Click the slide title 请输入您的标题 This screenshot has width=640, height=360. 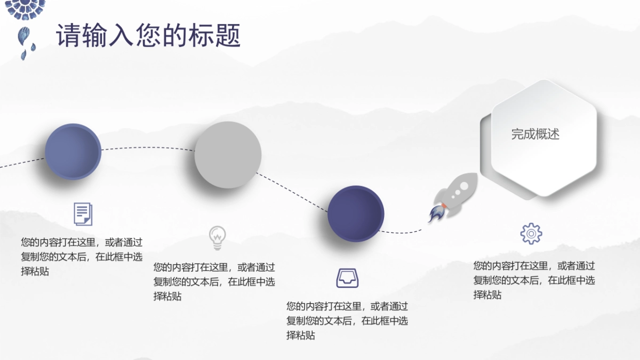click(x=148, y=35)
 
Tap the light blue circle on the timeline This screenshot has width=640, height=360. click(x=73, y=151)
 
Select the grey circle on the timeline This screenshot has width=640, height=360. click(x=228, y=155)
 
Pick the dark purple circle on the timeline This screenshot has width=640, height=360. click(x=356, y=213)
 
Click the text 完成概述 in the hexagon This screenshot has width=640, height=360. click(x=535, y=134)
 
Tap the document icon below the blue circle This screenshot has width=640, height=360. click(x=82, y=214)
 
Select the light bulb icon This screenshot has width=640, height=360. click(x=217, y=238)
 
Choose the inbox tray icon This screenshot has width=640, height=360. click(x=348, y=278)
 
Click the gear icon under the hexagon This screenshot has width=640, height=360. click(x=531, y=234)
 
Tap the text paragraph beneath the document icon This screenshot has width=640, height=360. click(x=82, y=257)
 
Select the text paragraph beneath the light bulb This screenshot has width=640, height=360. click(x=214, y=282)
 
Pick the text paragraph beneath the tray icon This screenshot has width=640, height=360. click(x=347, y=321)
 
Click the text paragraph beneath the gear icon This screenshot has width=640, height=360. click(x=534, y=280)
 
